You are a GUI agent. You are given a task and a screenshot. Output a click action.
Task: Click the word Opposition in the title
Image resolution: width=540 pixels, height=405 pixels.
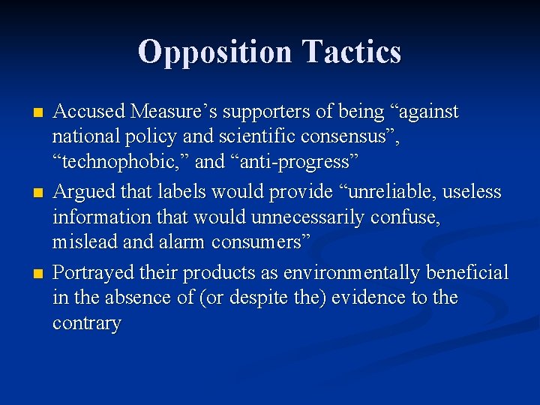click(214, 52)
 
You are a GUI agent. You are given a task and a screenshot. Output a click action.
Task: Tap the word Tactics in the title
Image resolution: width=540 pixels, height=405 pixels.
click(351, 52)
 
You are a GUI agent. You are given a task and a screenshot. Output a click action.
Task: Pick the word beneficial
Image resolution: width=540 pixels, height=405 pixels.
click(469, 271)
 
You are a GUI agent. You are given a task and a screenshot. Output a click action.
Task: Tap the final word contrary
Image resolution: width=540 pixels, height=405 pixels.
click(86, 324)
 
